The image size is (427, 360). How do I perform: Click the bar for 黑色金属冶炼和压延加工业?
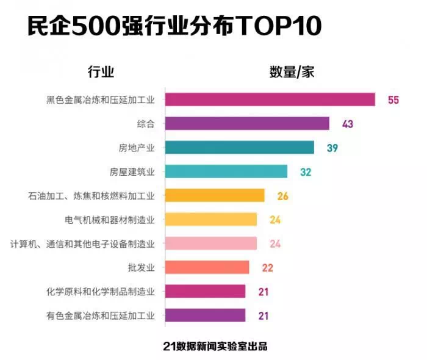click(x=270, y=99)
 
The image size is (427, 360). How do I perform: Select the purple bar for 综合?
click(x=247, y=124)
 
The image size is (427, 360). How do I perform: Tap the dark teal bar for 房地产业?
click(x=240, y=148)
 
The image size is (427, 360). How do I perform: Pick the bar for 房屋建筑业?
click(x=226, y=171)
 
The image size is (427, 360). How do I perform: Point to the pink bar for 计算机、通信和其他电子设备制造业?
click(x=211, y=243)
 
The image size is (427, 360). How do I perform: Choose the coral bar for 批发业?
click(x=207, y=267)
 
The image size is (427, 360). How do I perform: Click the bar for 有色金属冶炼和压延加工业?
click(x=206, y=315)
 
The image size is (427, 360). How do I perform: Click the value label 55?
click(x=393, y=100)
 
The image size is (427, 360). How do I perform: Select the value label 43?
click(x=348, y=124)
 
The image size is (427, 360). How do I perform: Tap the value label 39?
click(x=332, y=148)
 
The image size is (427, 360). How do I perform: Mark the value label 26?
click(x=282, y=196)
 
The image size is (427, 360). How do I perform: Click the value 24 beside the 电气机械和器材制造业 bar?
click(x=275, y=220)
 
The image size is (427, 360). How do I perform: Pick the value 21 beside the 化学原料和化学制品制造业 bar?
click(x=264, y=292)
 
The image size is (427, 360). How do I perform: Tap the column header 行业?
click(x=101, y=72)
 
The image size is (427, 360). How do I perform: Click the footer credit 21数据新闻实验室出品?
click(x=215, y=345)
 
